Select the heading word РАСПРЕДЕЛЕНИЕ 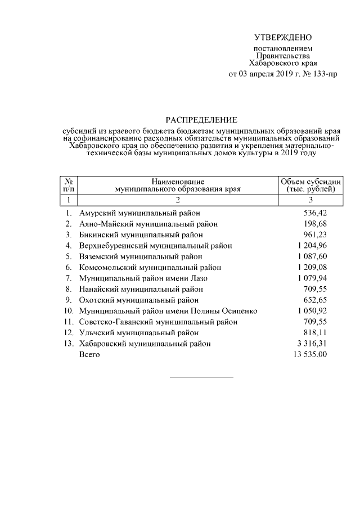pyautogui.click(x=201, y=120)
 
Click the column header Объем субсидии pyautogui.click(x=310, y=181)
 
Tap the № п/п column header pyautogui.click(x=68, y=185)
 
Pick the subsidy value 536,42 pyautogui.click(x=315, y=213)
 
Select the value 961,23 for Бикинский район pyautogui.click(x=315, y=235)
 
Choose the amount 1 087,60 pyautogui.click(x=311, y=256)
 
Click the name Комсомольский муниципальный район pyautogui.click(x=150, y=267)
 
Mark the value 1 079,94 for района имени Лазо pyautogui.click(x=311, y=278)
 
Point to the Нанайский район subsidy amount pyautogui.click(x=315, y=289)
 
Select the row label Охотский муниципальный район pyautogui.click(x=139, y=300)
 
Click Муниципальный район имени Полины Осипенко pyautogui.click(x=168, y=311)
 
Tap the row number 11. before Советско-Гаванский pyautogui.click(x=69, y=322)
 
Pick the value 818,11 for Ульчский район pyautogui.click(x=315, y=332)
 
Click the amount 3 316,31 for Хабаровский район pyautogui.click(x=311, y=343)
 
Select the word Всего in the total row pyautogui.click(x=89, y=354)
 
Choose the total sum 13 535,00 pyautogui.click(x=309, y=354)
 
